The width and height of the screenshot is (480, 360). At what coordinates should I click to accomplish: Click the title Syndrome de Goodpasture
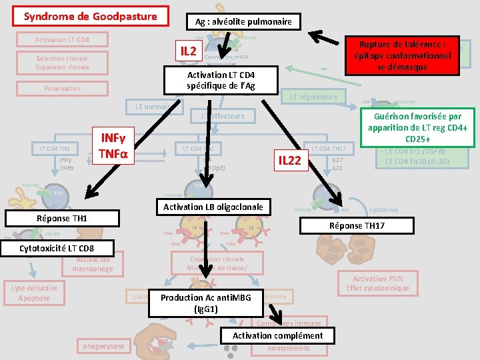tap(91, 17)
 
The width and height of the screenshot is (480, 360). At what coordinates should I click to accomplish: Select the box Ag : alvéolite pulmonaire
tap(243, 21)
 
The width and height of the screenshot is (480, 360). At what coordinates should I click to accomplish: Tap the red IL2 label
tap(189, 51)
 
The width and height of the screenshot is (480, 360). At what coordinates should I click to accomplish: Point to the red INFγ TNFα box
tap(113, 147)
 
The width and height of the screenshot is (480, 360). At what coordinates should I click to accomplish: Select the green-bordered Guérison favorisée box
tap(418, 127)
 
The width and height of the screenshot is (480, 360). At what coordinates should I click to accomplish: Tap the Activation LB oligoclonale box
tap(213, 207)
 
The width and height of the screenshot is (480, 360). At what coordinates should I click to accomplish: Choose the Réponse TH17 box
tap(362, 226)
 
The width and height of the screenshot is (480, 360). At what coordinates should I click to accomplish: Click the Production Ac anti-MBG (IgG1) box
tap(205, 303)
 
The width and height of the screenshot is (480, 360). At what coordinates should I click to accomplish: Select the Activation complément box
tap(277, 335)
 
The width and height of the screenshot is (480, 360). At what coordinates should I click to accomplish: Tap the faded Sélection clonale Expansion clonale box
tap(62, 63)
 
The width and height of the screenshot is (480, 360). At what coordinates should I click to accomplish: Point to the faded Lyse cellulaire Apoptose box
tap(34, 293)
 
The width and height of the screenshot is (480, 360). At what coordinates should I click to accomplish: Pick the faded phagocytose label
tap(103, 346)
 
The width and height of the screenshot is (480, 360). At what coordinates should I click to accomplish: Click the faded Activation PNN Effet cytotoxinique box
tap(377, 283)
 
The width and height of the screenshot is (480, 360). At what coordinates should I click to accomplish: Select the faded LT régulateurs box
tap(313, 97)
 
